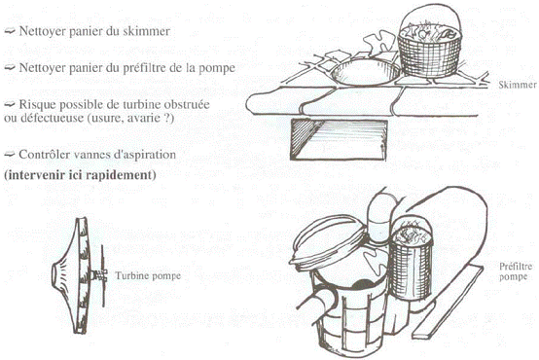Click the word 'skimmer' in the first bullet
coord(149,31)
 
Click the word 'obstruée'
coord(188,104)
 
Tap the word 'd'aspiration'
coord(144,155)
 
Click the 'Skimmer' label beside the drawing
coord(518,85)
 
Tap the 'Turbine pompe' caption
coord(148,275)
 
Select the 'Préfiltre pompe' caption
coord(516,271)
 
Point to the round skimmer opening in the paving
coord(366,72)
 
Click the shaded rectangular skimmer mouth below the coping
coord(339,140)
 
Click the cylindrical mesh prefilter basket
coord(412,261)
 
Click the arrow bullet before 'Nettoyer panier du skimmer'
coord(10,31)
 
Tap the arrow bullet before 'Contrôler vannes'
coord(10,155)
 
